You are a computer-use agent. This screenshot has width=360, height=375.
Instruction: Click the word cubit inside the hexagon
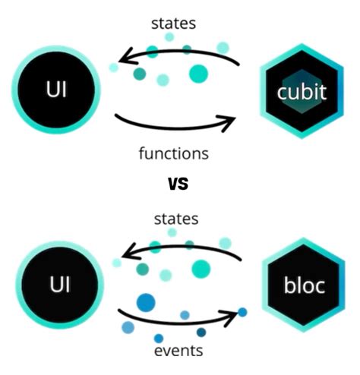point(302,93)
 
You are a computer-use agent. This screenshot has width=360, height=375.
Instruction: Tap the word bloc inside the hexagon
point(304,286)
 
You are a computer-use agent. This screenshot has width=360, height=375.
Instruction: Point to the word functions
point(173,153)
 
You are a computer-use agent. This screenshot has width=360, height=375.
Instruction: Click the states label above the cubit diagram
point(175,23)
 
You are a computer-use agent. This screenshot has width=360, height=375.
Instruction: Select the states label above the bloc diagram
point(176,219)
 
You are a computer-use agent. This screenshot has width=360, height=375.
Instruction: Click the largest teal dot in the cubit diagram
point(198,74)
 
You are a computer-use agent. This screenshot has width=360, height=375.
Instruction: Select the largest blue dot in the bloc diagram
point(145,303)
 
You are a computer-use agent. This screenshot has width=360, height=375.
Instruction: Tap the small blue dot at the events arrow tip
point(242,311)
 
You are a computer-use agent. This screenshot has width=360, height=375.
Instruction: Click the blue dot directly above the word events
point(158,338)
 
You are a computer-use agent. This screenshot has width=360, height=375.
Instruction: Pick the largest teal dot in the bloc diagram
point(201,267)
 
